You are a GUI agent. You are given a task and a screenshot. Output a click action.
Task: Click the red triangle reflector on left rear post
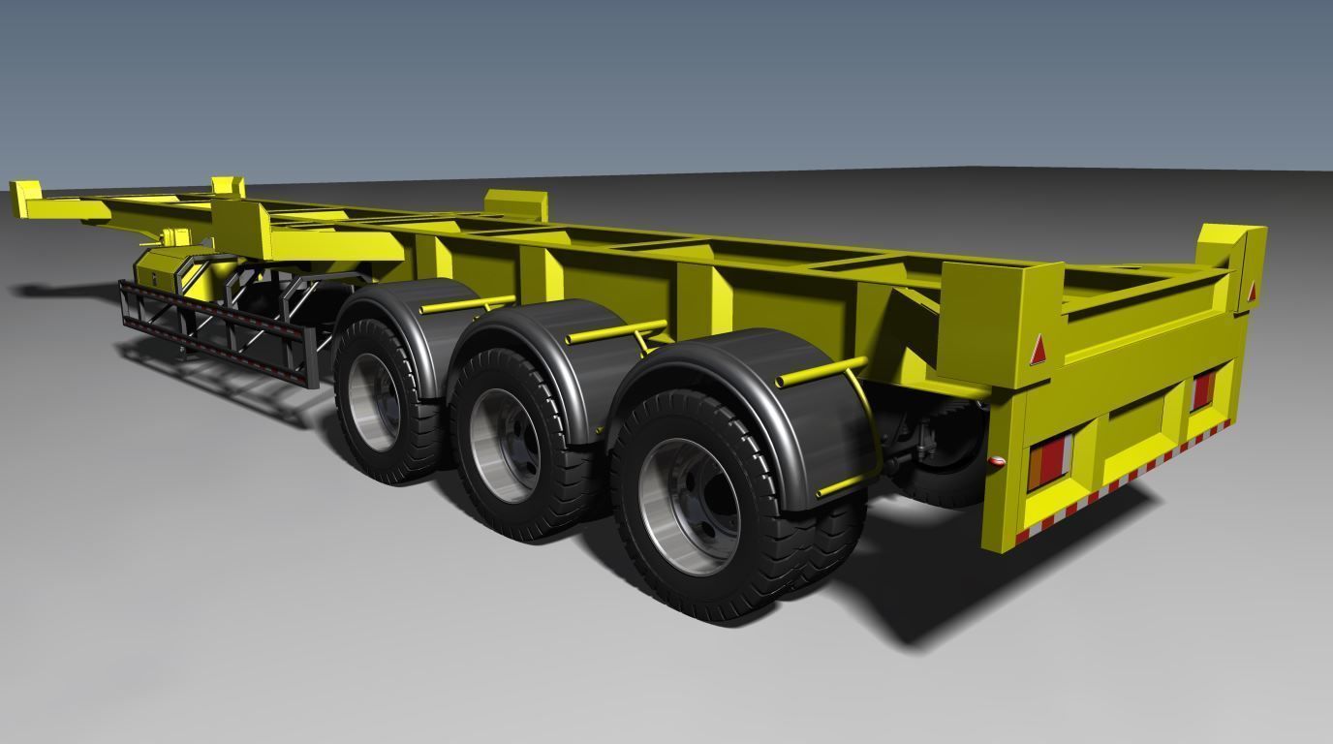click(1038, 349)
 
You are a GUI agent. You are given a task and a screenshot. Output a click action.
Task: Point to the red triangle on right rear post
click(1251, 290)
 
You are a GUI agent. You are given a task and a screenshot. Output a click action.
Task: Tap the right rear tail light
click(1202, 389)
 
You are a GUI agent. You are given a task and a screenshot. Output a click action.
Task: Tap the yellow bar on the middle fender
click(614, 330)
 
